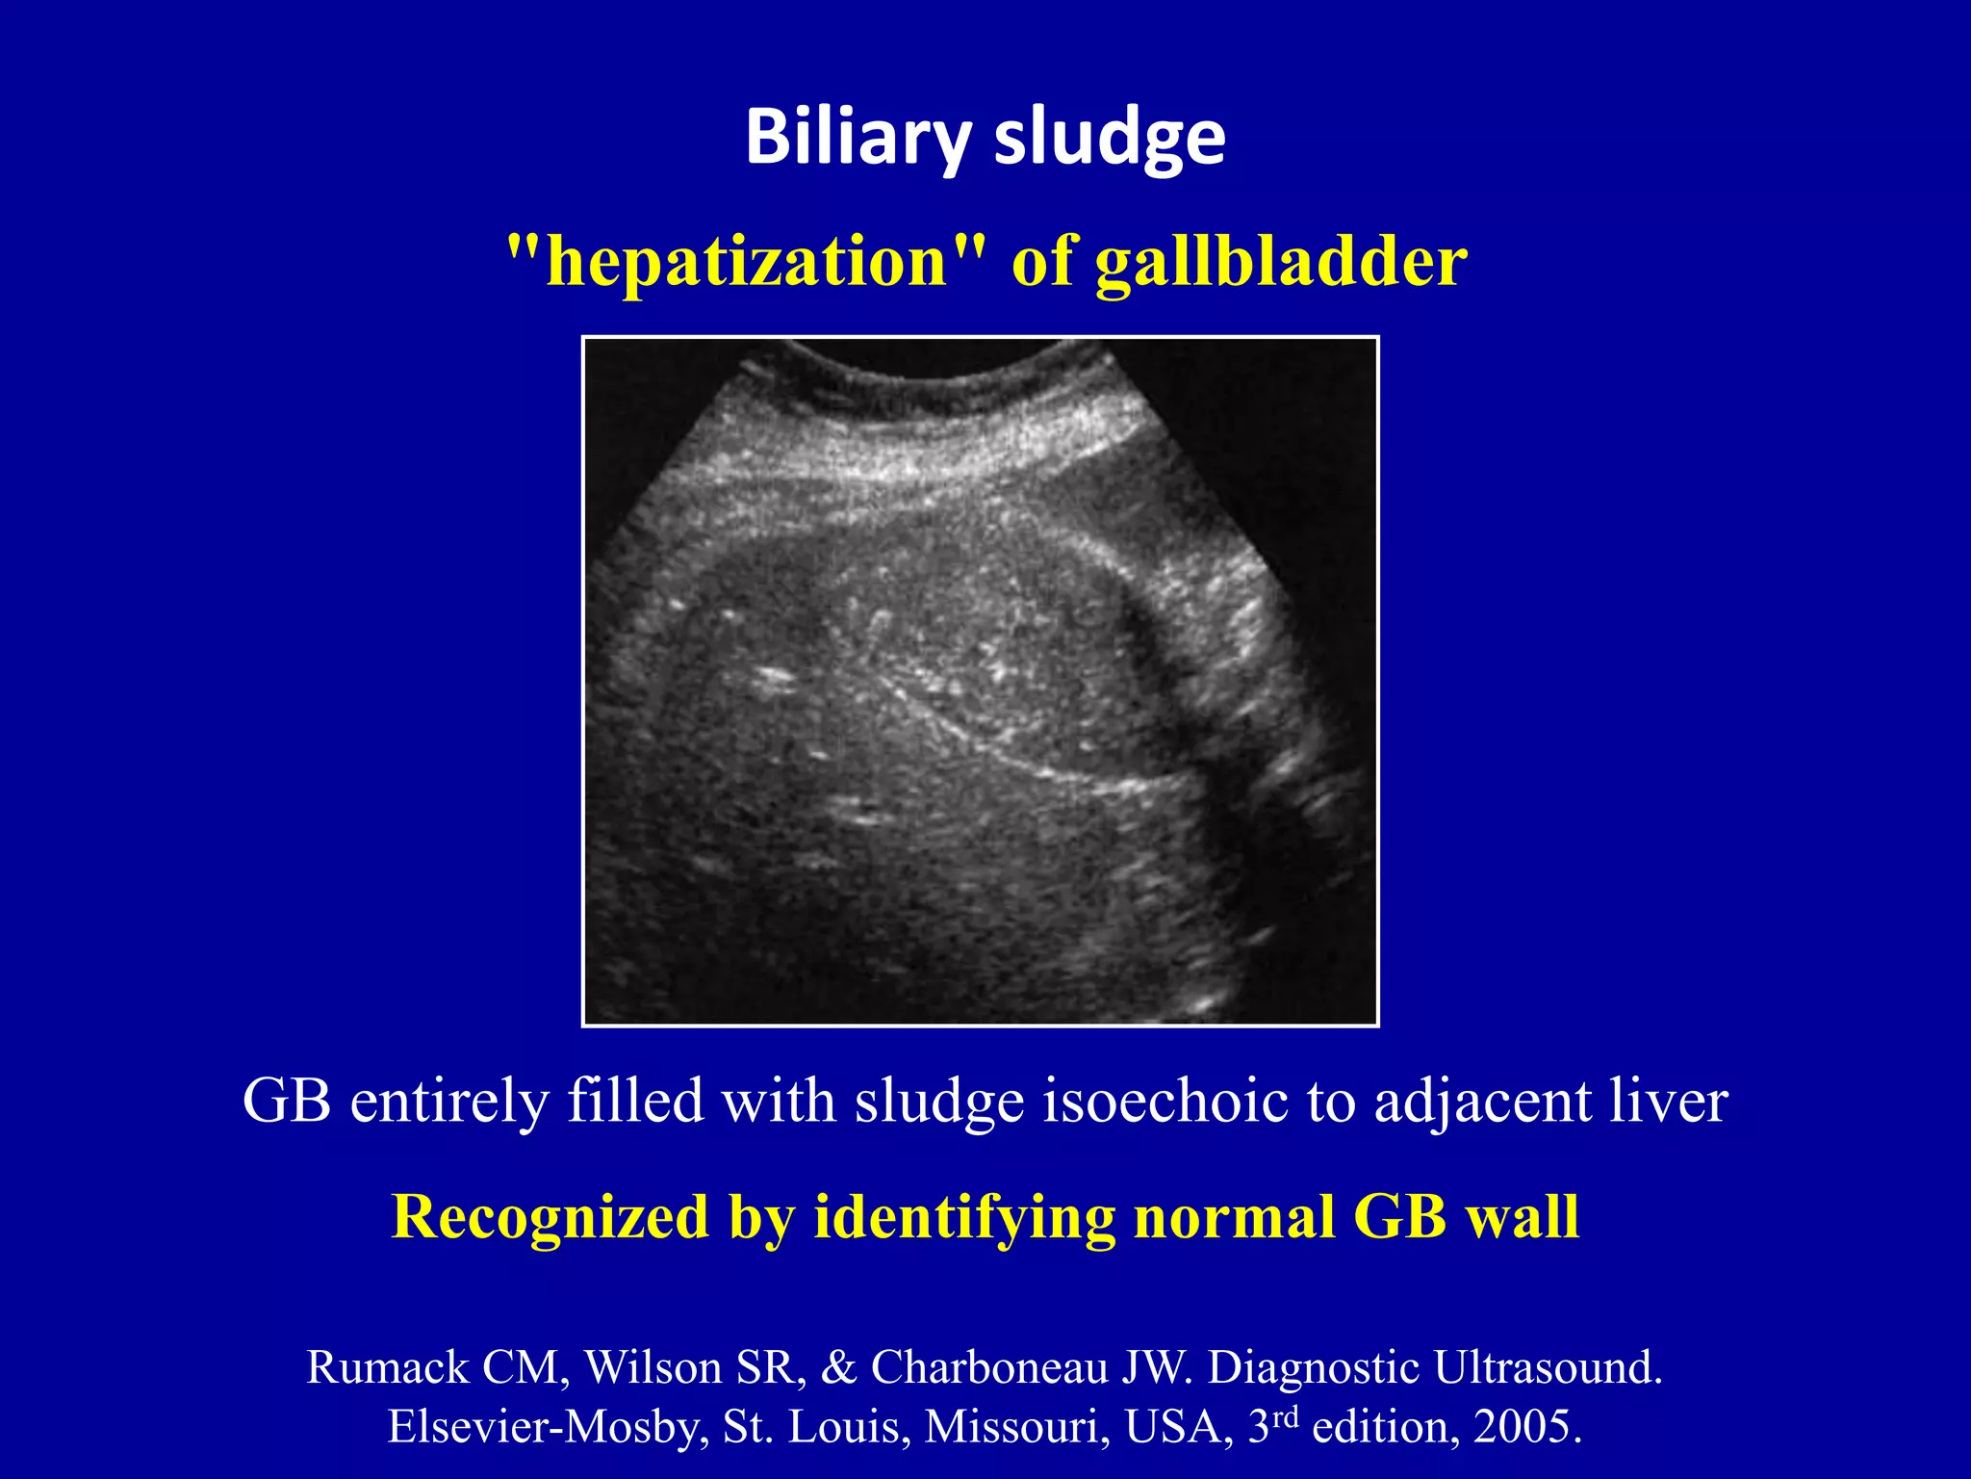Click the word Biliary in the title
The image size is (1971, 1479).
point(857,137)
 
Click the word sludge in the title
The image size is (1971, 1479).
point(1110,137)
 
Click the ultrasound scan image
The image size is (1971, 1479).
point(980,682)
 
